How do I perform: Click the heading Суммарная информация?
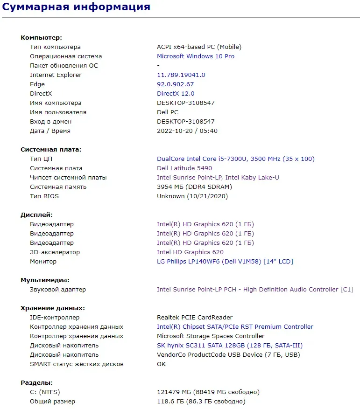77,7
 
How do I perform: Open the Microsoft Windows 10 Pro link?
196,56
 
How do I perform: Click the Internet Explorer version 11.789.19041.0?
181,75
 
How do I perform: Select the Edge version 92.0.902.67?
175,84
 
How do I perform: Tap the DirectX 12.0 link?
176,94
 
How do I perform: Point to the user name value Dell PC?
168,112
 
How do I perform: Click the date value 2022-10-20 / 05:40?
187,131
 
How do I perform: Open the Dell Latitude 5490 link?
184,168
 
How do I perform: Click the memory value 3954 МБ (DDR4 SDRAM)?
194,187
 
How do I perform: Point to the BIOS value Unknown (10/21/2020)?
192,196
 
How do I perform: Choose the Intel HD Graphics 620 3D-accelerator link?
190,252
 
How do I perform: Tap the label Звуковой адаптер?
58,290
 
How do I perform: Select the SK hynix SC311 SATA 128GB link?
230,346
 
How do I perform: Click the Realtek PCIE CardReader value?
195,318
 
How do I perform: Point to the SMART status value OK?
162,364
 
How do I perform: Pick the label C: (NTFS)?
45,392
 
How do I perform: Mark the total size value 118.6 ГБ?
201,402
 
